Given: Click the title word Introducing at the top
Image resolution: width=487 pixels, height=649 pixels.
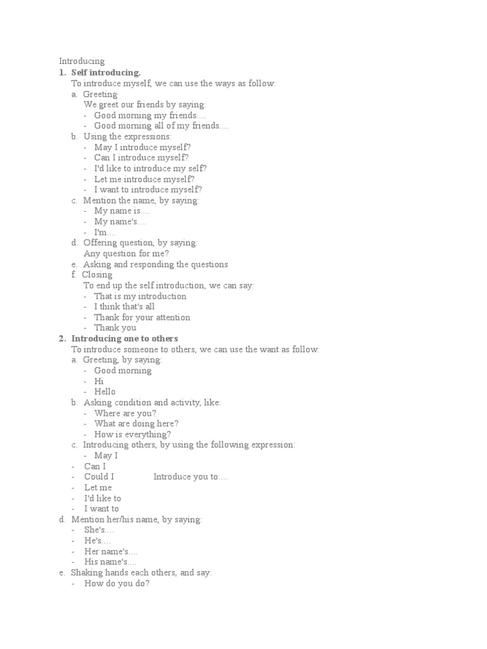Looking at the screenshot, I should click(x=82, y=61).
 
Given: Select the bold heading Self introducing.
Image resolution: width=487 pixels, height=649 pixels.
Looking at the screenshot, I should click(x=106, y=72).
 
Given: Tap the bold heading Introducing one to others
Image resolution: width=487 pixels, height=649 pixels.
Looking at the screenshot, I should click(x=124, y=338).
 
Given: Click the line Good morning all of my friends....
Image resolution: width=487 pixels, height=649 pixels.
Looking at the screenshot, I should click(x=161, y=125).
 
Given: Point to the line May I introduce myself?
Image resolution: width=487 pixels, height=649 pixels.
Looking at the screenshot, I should click(x=142, y=147).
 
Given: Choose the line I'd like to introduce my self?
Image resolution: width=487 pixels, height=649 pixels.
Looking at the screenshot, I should click(x=150, y=169).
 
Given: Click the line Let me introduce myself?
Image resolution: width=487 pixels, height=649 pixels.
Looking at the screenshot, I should click(x=144, y=179).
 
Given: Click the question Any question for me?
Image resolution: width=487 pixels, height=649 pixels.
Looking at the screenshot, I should click(x=126, y=254).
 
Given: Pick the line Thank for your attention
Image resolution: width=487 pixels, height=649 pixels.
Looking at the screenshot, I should click(x=142, y=318).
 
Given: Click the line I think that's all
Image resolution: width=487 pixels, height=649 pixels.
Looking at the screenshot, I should click(x=124, y=307).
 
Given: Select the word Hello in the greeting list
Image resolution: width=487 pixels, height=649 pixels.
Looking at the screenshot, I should click(x=105, y=392).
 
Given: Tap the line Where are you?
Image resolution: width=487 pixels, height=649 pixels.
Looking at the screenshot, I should click(x=125, y=413).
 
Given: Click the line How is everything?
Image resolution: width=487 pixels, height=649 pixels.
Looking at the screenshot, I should click(x=133, y=435).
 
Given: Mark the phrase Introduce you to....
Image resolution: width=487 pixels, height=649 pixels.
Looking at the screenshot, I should click(x=190, y=477).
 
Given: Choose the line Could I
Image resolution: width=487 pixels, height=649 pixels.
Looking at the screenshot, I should click(x=99, y=477).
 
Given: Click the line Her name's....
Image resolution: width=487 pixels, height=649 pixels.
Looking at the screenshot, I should click(x=111, y=551).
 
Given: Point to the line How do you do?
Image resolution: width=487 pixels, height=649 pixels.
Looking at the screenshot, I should click(x=117, y=584).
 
